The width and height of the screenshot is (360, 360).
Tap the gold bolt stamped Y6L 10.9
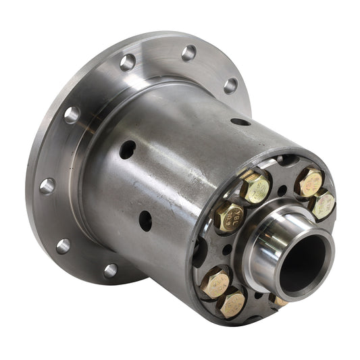(228, 216)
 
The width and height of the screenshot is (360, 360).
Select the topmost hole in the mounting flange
(189, 52)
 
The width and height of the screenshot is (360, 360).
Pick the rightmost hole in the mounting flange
(231, 86)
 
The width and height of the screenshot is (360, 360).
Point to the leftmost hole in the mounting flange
(47, 186)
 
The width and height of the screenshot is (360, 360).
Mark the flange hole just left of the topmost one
(127, 62)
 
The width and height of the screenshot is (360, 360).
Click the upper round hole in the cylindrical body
(127, 149)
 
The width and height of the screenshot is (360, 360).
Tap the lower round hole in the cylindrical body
(145, 220)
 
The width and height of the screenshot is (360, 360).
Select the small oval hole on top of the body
(240, 122)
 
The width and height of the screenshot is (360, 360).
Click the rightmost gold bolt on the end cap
(323, 204)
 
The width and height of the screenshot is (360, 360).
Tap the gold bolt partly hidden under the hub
(278, 300)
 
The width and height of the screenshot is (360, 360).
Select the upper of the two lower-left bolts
(214, 281)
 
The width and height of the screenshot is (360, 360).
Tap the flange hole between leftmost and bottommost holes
(63, 246)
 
